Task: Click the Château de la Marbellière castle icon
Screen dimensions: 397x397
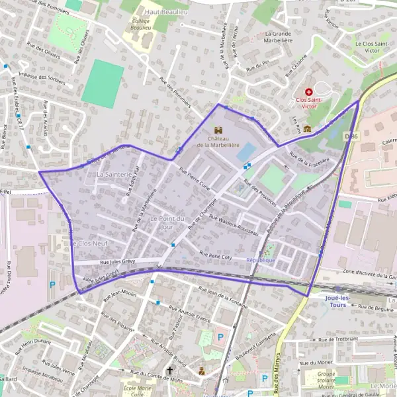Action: pyautogui.click(x=219, y=130)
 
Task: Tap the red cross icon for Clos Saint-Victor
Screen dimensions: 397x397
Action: pyautogui.click(x=308, y=92)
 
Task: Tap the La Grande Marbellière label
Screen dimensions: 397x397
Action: pyautogui.click(x=287, y=38)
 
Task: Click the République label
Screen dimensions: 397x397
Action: pyautogui.click(x=261, y=260)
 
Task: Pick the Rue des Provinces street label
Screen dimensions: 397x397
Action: pyautogui.click(x=257, y=195)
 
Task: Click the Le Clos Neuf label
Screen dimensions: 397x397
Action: pyautogui.click(x=85, y=243)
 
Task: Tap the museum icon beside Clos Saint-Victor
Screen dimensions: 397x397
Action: pyautogui.click(x=307, y=110)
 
